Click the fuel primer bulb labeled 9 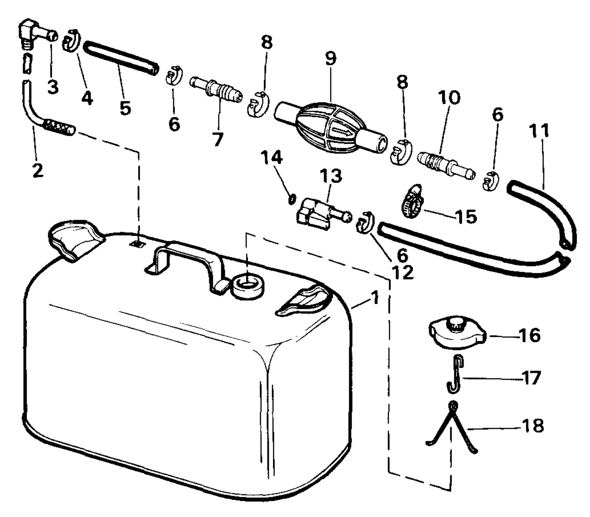click(331, 128)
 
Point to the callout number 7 click(218, 140)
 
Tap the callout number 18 click(532, 426)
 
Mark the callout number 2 click(38, 170)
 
